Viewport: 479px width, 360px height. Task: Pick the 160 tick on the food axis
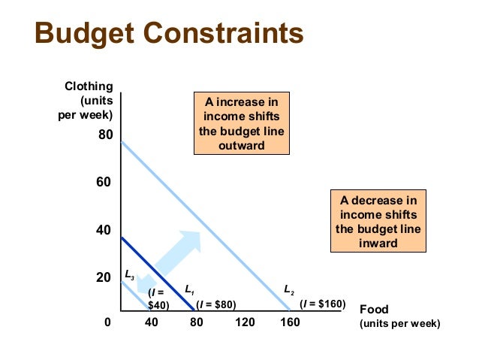[x=290, y=323]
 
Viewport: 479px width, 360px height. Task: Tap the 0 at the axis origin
[x=107, y=323]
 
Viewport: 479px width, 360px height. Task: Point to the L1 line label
[x=190, y=289]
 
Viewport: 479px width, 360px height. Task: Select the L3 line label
[x=129, y=275]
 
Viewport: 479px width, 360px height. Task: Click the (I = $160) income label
[x=322, y=304]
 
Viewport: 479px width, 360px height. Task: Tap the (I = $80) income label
[x=216, y=304]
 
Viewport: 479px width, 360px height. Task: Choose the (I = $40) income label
[x=158, y=298]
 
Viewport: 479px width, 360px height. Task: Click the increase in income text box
[x=241, y=123]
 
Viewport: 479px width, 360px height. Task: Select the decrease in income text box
[x=378, y=222]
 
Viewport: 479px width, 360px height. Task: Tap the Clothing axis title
[x=86, y=100]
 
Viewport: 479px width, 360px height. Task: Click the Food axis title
[x=398, y=316]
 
